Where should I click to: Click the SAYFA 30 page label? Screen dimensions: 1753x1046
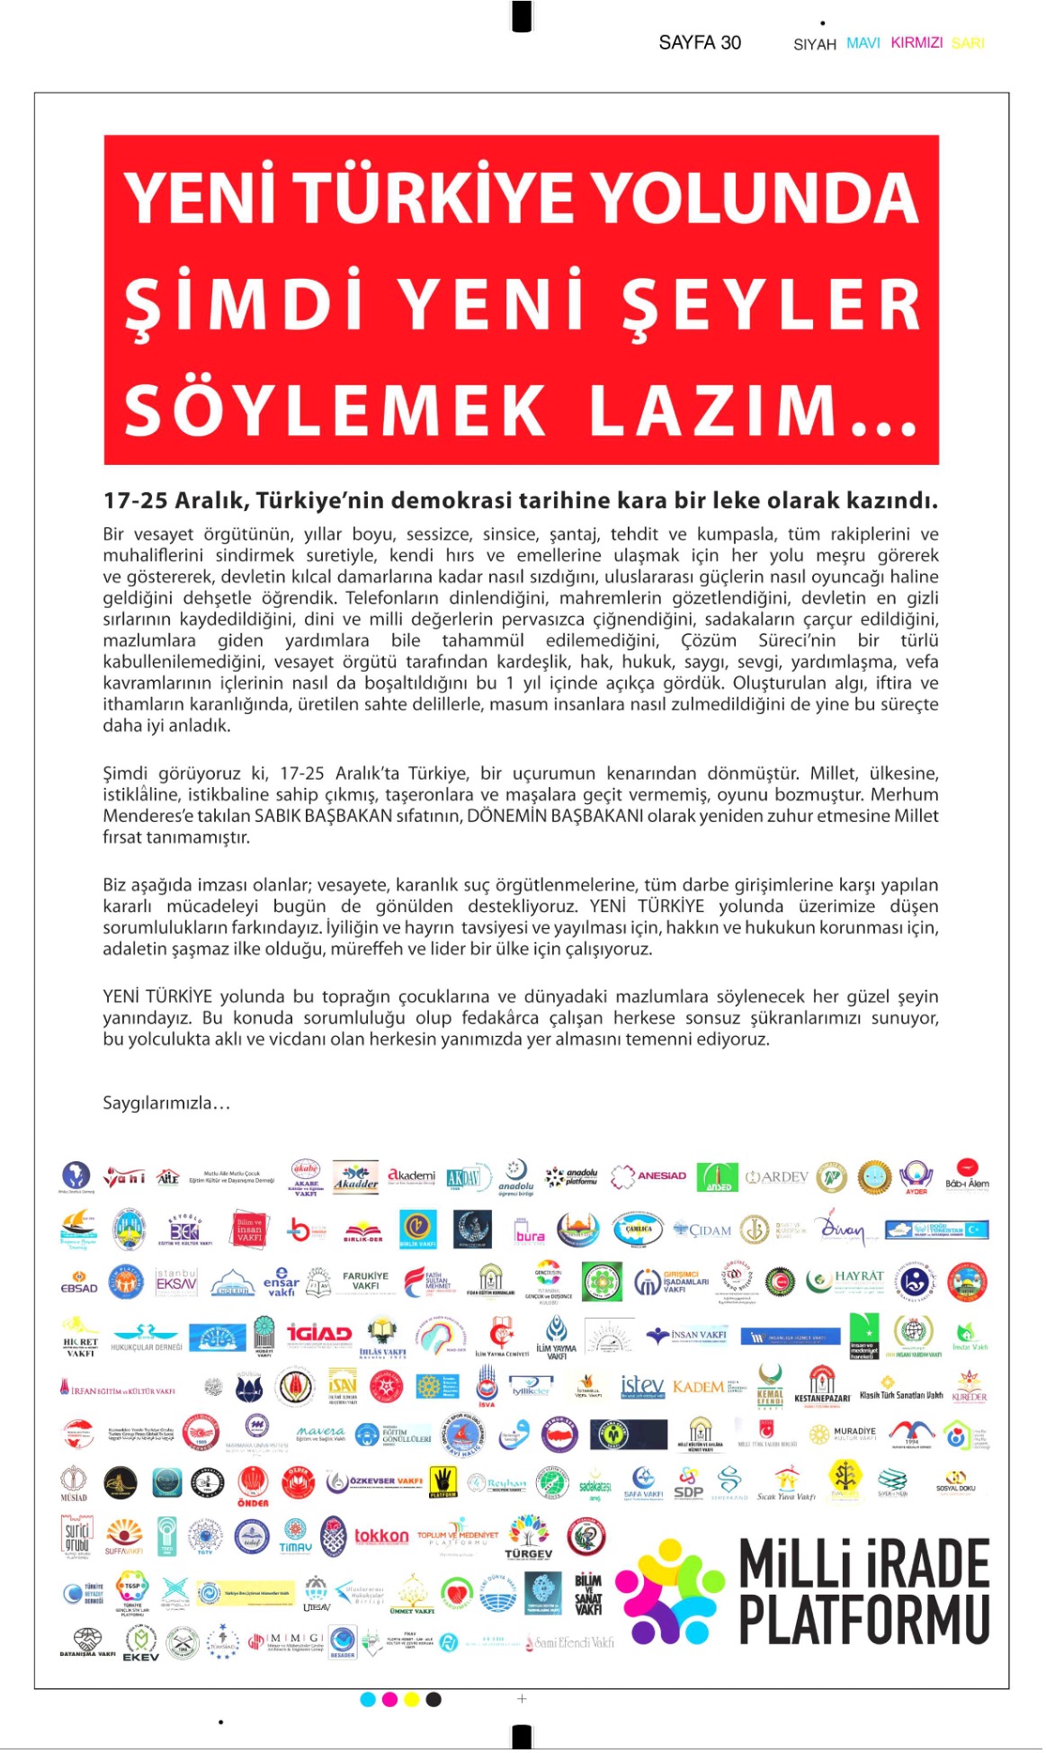point(700,42)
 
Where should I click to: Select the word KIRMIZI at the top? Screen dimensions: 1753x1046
point(916,42)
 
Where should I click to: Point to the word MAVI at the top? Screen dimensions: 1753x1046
point(863,42)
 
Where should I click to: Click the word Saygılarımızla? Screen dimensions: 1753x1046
point(166,1103)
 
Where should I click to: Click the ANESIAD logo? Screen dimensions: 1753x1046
point(649,1176)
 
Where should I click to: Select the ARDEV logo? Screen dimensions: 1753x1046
point(777,1176)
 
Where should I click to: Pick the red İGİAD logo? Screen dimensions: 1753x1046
point(319,1333)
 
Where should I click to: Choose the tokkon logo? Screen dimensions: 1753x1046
point(381,1536)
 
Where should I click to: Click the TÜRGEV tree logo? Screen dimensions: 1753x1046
point(529,1536)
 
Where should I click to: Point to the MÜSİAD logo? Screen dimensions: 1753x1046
point(74,1482)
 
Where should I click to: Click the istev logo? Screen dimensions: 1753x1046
point(642,1385)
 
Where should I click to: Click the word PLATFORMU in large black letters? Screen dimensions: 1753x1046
point(863,1620)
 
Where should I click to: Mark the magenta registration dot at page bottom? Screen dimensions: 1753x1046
point(389,1699)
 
